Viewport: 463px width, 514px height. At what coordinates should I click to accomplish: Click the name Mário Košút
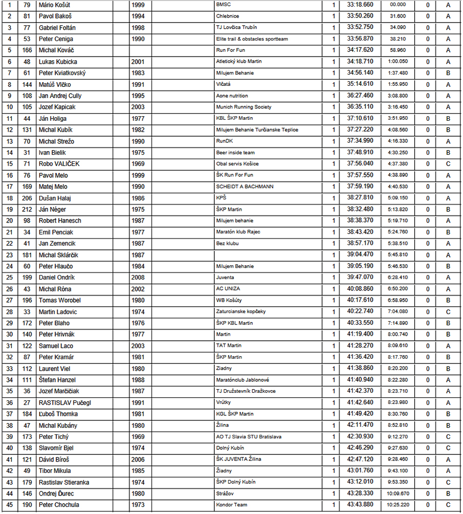point(55,5)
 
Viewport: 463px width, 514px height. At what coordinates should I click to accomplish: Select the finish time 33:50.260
point(360,16)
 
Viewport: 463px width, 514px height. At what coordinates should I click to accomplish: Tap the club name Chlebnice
point(228,16)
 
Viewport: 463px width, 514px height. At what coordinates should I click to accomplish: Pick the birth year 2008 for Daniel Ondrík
point(137,278)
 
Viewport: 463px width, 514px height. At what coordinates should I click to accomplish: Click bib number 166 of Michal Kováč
point(27,50)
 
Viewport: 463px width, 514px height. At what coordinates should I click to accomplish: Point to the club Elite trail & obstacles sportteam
point(252,39)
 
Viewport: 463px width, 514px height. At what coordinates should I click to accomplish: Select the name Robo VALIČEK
point(59,164)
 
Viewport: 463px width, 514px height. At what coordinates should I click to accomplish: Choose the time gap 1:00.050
point(398,62)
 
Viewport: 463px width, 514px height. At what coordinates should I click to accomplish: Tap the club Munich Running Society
point(244,107)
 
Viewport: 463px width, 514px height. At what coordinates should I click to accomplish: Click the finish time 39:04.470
point(360,255)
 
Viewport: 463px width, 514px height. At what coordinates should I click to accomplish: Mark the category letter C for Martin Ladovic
point(448,312)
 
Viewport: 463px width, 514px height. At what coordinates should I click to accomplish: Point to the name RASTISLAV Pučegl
point(65,403)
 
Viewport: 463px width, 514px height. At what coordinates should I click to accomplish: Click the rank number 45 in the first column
point(9,505)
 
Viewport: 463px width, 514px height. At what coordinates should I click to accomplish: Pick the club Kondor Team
point(231,505)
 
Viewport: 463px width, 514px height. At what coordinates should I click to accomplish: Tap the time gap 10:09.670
point(398,493)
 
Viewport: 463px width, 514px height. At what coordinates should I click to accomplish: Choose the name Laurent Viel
point(54,369)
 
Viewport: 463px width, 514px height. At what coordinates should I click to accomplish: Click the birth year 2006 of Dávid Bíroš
point(137,460)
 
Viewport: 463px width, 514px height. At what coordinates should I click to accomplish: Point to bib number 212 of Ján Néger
point(27,210)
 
